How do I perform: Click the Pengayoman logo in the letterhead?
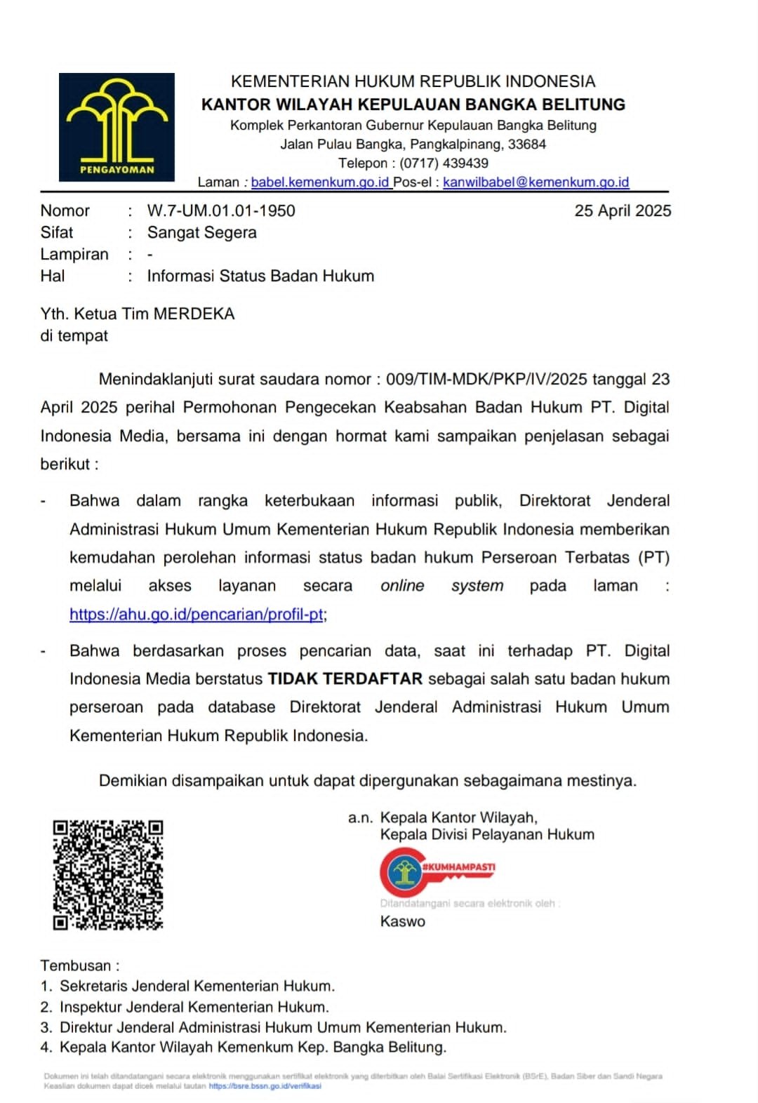point(117,127)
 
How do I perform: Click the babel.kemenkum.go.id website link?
point(320,182)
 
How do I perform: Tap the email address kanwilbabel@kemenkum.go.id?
point(536,182)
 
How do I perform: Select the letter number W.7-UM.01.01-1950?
point(221,211)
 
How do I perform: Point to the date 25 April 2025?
point(623,211)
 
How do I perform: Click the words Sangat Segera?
point(201,233)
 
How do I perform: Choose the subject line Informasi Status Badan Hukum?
point(260,276)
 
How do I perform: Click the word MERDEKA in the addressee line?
point(194,314)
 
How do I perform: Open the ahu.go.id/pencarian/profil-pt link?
point(197,615)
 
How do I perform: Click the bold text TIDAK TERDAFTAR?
point(345,679)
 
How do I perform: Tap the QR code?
point(108,875)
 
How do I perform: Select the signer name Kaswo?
point(403,922)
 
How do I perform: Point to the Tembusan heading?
point(79,965)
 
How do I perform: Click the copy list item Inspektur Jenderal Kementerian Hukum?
point(194,1008)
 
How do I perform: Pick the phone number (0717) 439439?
point(444,163)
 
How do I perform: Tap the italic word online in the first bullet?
point(402,586)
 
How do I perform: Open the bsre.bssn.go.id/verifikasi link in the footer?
point(265,1086)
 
